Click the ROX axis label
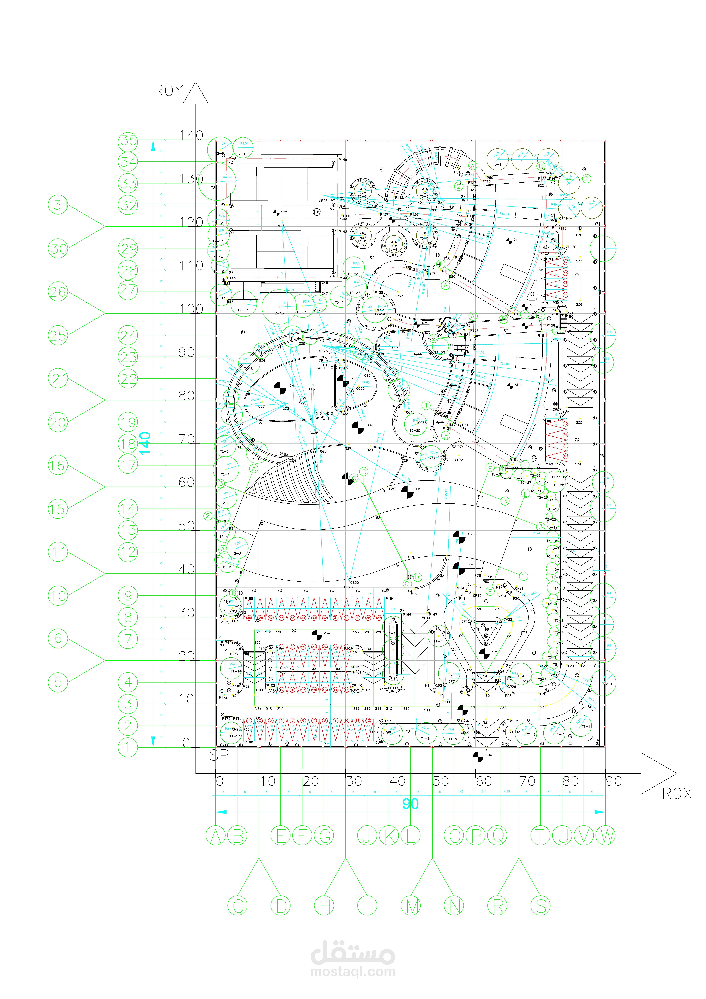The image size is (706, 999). [676, 794]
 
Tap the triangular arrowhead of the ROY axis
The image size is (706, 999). [196, 94]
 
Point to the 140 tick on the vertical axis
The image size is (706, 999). [191, 135]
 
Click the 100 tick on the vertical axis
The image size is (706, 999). [191, 309]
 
